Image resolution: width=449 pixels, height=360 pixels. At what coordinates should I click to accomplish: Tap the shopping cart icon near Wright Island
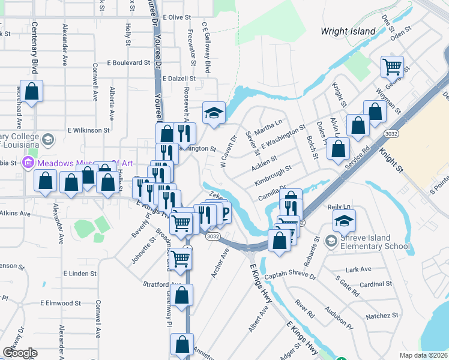coord(392,67)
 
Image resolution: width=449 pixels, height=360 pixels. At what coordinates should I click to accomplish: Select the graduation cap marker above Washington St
coord(213,113)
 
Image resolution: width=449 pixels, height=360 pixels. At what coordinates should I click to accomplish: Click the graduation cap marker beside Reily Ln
coord(344,222)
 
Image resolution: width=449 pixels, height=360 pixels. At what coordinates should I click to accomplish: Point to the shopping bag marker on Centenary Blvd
coord(32,92)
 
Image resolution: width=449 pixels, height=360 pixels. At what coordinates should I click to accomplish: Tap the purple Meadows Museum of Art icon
coord(27,163)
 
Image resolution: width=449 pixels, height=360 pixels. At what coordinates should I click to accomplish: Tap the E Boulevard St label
coord(128,62)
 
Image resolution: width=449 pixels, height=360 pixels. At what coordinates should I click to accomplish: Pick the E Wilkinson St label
coord(88,129)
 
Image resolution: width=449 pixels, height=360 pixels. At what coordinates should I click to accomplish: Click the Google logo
coord(20,353)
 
